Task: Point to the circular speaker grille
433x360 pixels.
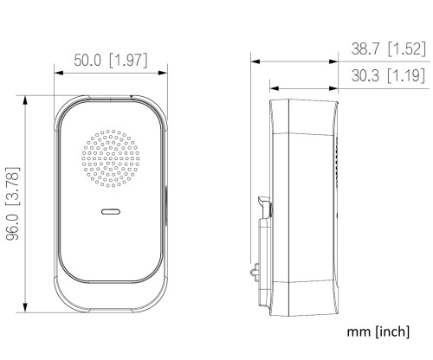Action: (111, 161)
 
